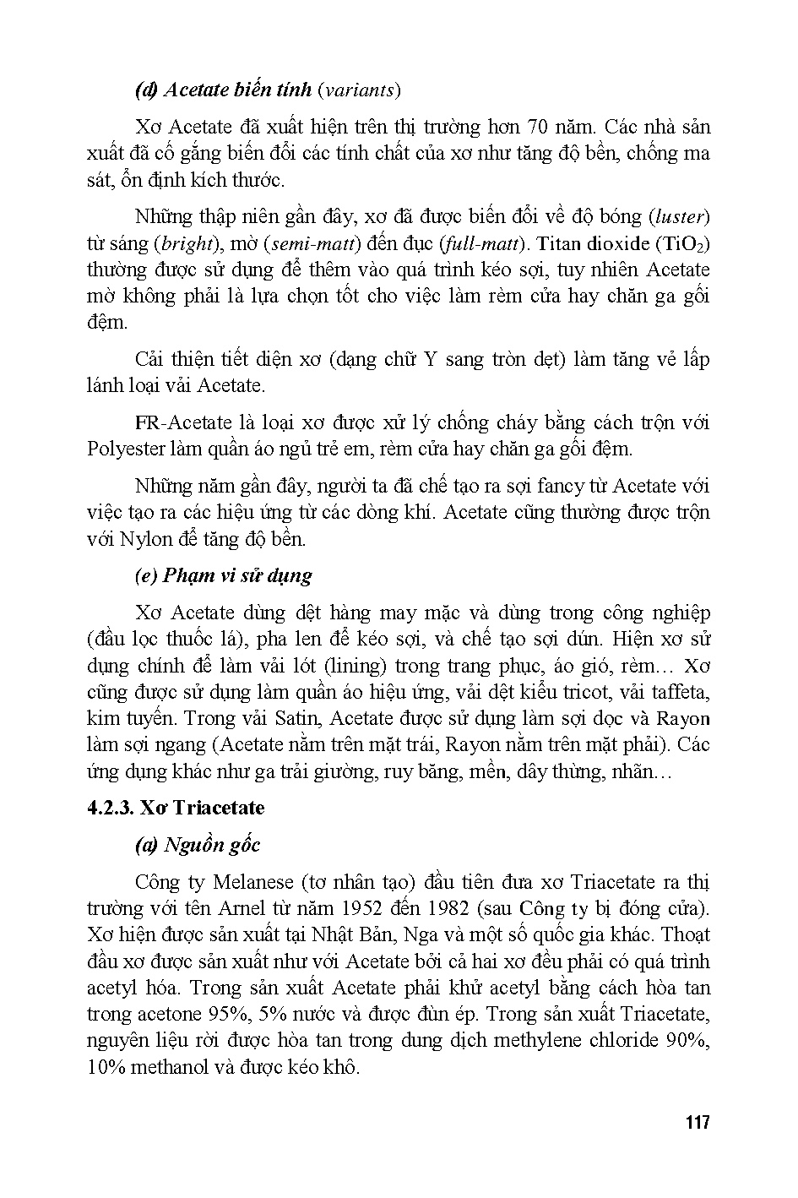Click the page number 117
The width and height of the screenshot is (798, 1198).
coord(698,1123)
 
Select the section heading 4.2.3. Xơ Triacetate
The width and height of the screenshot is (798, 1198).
coord(176,808)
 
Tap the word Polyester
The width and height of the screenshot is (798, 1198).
coord(125,449)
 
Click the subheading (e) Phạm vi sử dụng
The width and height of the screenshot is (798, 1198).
coord(224,575)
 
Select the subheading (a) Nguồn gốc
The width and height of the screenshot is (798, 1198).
coord(198,845)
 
